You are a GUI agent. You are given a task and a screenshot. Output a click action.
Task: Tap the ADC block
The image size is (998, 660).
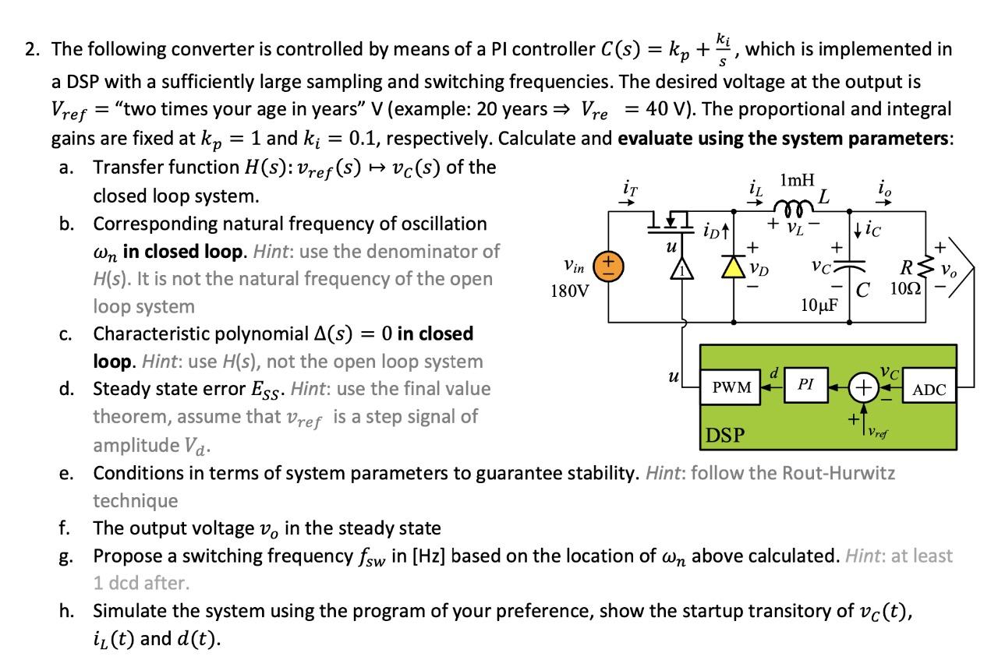pos(929,390)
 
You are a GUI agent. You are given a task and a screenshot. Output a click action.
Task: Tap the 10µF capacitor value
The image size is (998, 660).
pos(818,304)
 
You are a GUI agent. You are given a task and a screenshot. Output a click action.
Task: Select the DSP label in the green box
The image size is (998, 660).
pos(726,434)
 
